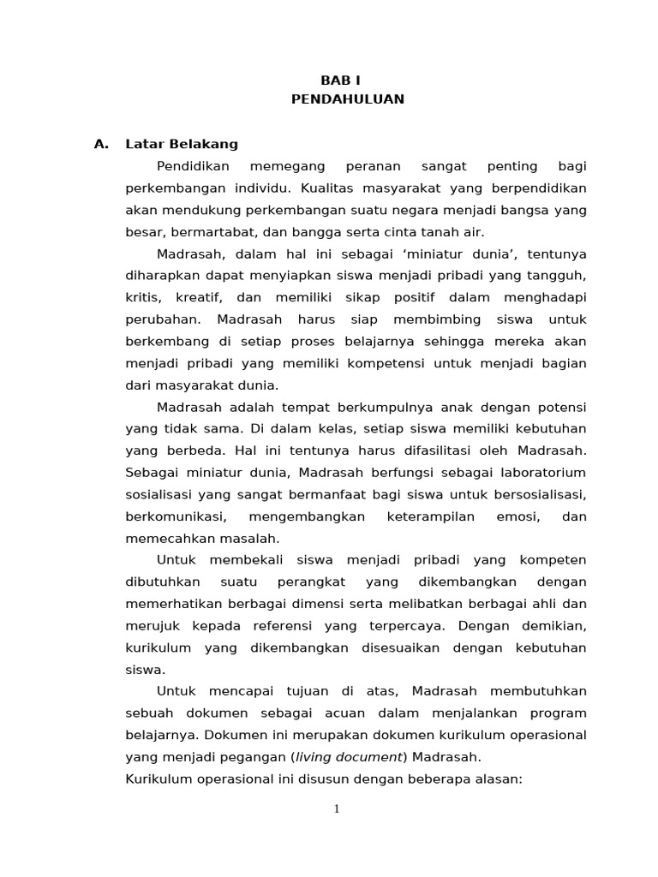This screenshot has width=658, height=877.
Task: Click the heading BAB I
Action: click(347, 80)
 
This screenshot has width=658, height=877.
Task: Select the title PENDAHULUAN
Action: click(347, 99)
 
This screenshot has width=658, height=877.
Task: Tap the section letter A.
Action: click(102, 144)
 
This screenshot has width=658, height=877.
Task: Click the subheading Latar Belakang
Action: click(182, 144)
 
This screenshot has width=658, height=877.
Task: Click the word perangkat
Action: click(305, 582)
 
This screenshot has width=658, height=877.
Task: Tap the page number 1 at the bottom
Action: click(337, 809)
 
